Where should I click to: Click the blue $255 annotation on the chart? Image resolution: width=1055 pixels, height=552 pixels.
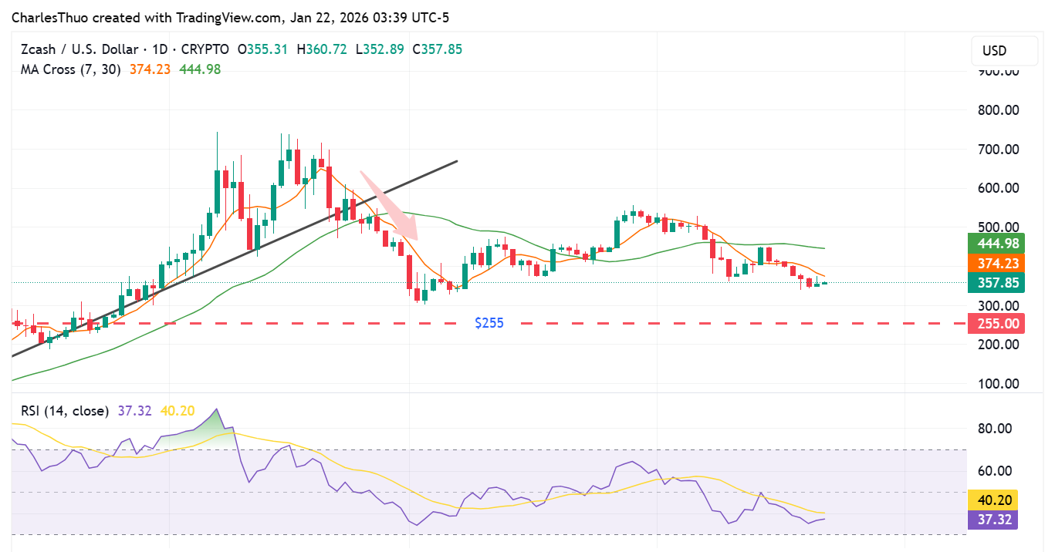point(489,323)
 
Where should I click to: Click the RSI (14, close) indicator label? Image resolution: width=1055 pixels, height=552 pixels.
point(64,411)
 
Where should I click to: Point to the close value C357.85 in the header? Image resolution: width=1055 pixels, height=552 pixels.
point(437,49)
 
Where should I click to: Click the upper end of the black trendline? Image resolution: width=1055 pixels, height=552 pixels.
point(457,161)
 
